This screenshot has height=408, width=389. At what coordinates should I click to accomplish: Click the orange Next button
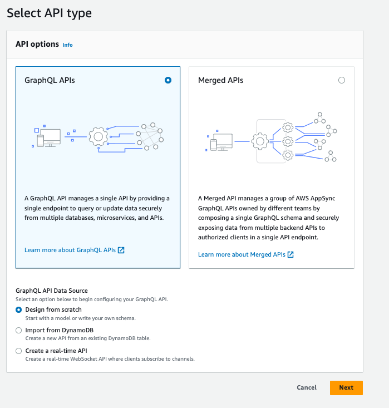pyautogui.click(x=346, y=387)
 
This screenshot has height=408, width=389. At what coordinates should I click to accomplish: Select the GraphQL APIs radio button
pyautogui.click(x=168, y=80)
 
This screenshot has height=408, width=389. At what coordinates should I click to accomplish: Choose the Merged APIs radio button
pyautogui.click(x=342, y=80)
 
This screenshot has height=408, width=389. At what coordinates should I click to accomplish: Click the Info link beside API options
pyautogui.click(x=67, y=45)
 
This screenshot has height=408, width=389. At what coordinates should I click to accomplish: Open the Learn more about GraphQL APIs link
pyautogui.click(x=70, y=250)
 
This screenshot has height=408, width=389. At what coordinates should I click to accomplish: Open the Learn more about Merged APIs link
pyautogui.click(x=242, y=254)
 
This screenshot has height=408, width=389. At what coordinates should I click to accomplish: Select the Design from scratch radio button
pyautogui.click(x=19, y=309)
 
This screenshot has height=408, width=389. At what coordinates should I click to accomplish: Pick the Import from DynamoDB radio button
pyautogui.click(x=19, y=330)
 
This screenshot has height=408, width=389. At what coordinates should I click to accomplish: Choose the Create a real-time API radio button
pyautogui.click(x=19, y=351)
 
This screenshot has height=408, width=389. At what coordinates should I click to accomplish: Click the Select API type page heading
pyautogui.click(x=50, y=12)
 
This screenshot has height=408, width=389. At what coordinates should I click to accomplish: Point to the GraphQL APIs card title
pyautogui.click(x=50, y=80)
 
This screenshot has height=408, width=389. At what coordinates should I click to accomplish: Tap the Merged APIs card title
pyautogui.click(x=220, y=80)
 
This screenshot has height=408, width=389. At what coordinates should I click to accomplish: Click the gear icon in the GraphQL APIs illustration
pyautogui.click(x=99, y=136)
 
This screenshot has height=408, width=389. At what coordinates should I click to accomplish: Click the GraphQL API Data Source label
pyautogui.click(x=51, y=291)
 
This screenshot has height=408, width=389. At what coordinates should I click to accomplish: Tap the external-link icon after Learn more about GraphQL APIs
pyautogui.click(x=121, y=250)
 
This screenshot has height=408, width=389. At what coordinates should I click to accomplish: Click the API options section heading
pyautogui.click(x=37, y=44)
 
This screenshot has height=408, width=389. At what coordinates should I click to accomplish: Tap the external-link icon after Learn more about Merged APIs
pyautogui.click(x=290, y=254)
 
